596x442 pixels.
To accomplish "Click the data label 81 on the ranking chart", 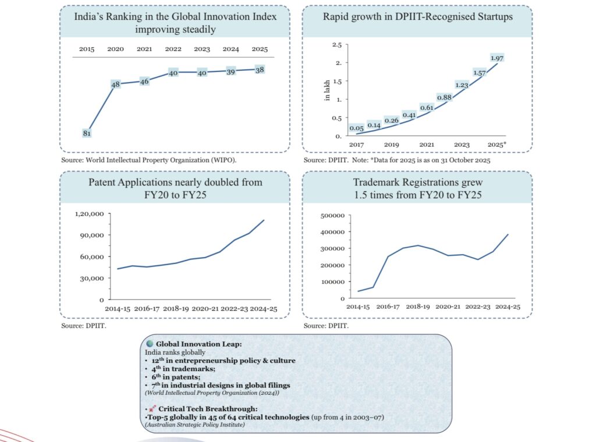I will point(87,133).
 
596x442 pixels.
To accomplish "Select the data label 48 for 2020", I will point(115,84).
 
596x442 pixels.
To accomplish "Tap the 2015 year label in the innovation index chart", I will point(87,49).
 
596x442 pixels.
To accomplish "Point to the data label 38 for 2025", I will point(259,69).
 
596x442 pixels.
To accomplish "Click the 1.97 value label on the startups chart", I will point(497,58).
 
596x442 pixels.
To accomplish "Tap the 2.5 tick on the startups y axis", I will point(336,45).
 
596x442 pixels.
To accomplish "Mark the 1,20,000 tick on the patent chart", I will point(89,214).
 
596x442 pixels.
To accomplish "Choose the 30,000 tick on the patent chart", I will point(93,278).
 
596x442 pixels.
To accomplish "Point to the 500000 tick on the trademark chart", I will point(332,215).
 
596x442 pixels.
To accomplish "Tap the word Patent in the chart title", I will point(104,183).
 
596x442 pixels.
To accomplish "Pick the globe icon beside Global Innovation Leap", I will point(150,344).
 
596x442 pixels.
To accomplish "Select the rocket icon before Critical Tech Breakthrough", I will point(152,409).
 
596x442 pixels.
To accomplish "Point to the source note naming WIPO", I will point(149,159).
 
